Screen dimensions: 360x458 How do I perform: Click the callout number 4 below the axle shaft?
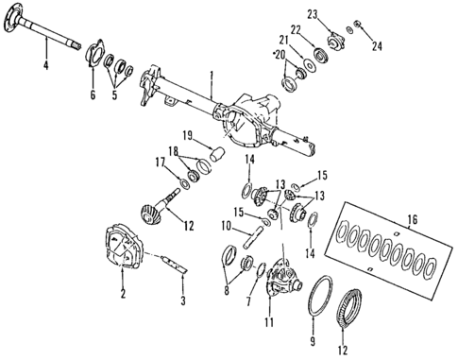[x=43, y=65]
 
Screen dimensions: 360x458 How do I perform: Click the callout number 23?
[x=313, y=12]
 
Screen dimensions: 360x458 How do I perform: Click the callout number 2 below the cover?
[x=122, y=294]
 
